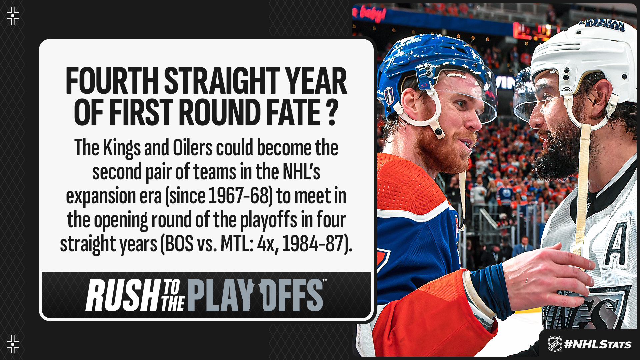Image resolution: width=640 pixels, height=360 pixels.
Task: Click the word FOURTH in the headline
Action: (112, 81)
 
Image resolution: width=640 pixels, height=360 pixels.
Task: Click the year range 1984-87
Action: (313, 244)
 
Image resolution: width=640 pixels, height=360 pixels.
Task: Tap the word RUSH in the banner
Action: (122, 295)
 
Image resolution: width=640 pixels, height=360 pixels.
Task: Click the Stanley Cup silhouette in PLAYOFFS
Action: (257, 295)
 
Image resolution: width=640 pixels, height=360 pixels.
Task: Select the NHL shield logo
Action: (555, 344)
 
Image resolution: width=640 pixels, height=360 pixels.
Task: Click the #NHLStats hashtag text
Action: (598, 344)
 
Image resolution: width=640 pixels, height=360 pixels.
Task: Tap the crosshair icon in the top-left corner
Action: (13, 16)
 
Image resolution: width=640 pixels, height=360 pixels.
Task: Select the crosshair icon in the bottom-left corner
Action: (13, 344)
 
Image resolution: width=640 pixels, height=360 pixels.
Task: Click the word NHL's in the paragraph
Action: (301, 172)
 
